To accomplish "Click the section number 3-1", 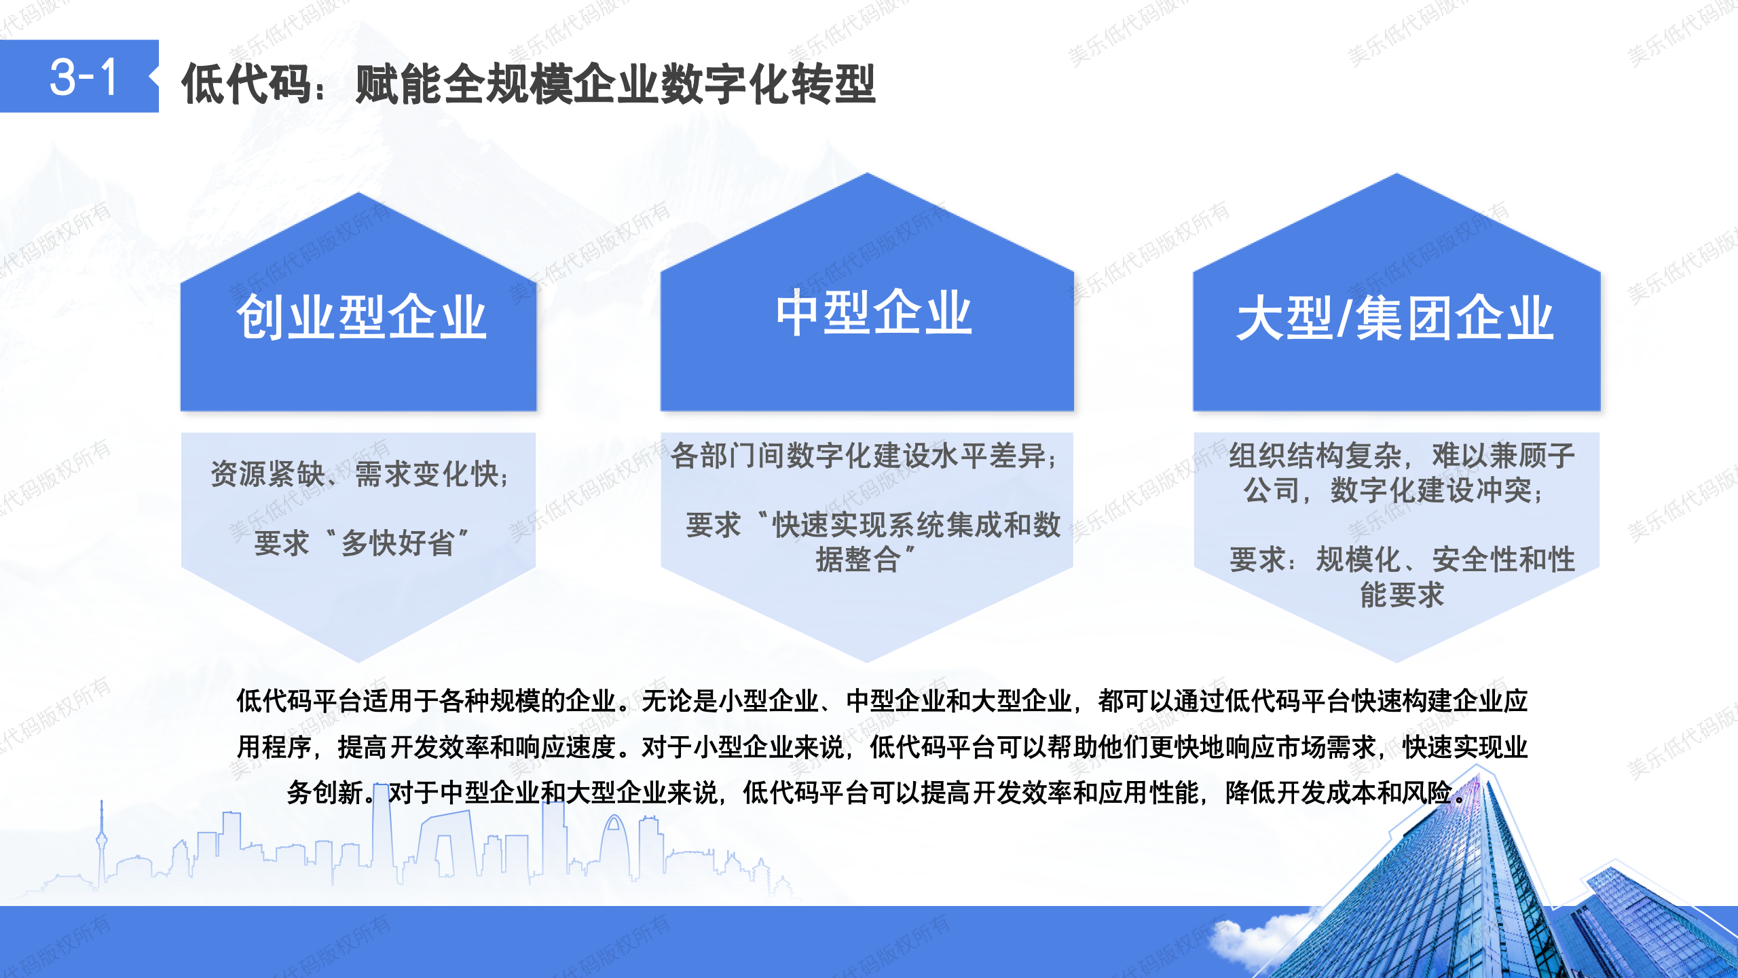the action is tap(84, 77).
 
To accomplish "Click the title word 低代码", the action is tap(246, 84).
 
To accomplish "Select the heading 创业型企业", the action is tap(361, 317).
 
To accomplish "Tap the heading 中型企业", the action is tap(874, 312).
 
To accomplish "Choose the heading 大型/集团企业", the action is tap(1395, 318).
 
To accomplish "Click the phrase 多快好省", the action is tap(398, 543).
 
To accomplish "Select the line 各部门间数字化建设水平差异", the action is tap(859, 456).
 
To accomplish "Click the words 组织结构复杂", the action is tap(1316, 456).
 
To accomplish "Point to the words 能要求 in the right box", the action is tap(1402, 595).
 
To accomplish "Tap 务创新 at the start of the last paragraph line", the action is tap(325, 793).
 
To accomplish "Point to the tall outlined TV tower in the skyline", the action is tap(102, 842).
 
